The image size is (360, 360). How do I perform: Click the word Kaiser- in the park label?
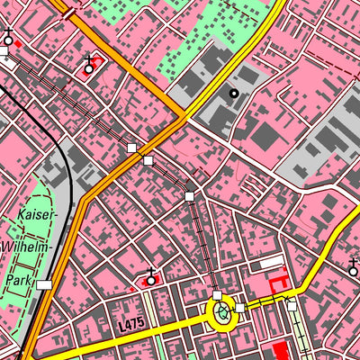pos(36,216)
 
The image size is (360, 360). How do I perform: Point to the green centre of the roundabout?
pos(221,312)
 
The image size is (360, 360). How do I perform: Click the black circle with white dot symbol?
pos(234,93)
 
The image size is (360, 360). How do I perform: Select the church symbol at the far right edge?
pos(353,267)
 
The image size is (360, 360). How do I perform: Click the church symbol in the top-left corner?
pos(9,37)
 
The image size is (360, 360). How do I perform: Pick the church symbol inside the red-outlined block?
pos(88,65)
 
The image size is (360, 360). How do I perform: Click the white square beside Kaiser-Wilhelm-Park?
pos(44,284)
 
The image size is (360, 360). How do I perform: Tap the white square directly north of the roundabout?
pos(217,295)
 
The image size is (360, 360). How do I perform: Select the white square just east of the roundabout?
pos(240,309)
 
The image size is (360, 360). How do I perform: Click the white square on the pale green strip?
pos(292,306)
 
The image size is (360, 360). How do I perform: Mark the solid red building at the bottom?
pos(280,351)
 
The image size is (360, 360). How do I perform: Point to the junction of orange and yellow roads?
pos(184,117)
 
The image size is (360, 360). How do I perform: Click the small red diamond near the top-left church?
pos(19,42)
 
